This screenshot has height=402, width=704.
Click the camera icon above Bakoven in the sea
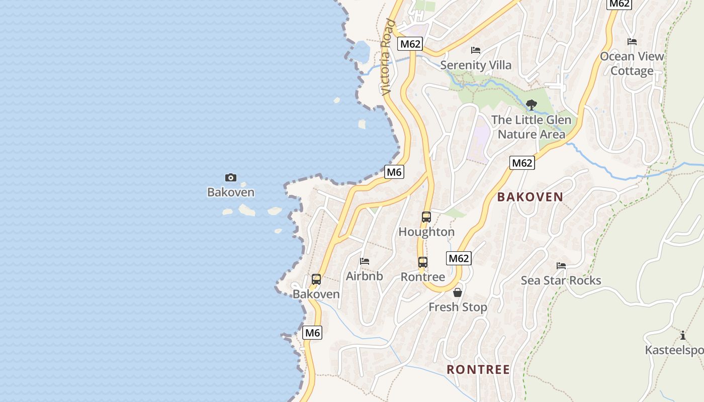tap(231, 177)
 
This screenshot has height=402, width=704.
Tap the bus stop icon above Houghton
tap(426, 217)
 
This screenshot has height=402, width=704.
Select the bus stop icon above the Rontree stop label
tap(423, 262)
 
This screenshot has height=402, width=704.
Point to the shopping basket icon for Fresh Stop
tap(458, 292)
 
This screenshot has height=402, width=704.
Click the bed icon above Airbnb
tap(365, 261)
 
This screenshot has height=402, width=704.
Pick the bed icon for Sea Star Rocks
tap(561, 266)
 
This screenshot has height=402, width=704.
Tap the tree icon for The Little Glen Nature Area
tap(531, 105)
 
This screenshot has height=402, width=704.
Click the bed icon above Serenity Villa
tap(476, 50)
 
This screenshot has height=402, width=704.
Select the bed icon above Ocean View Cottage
tap(632, 42)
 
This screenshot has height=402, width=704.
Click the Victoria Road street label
tap(387, 57)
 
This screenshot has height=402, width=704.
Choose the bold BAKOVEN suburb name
tap(530, 197)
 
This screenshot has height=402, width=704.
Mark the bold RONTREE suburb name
tap(478, 370)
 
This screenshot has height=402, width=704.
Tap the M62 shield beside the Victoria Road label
tap(410, 44)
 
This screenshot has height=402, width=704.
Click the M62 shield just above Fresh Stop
tap(459, 258)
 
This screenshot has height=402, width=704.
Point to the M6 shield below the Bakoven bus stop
tap(312, 333)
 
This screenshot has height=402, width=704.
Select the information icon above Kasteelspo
tap(683, 336)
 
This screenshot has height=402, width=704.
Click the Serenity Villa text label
tap(476, 65)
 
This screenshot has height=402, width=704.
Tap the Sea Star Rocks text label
tap(561, 280)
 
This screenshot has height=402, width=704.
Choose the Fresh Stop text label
tap(458, 307)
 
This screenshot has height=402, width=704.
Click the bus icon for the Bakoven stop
tap(316, 279)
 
